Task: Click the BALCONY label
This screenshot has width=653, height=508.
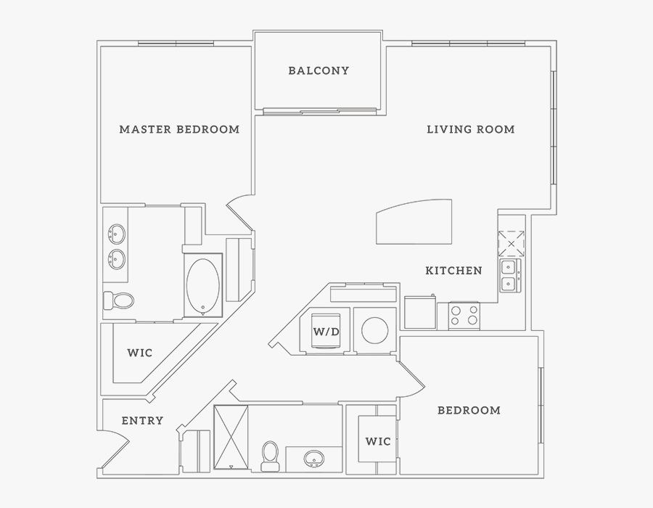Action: pyautogui.click(x=319, y=70)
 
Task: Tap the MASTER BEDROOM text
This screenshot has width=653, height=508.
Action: pyautogui.click(x=179, y=129)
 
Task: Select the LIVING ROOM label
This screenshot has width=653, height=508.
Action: pyautogui.click(x=470, y=129)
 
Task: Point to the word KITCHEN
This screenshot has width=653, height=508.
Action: pyautogui.click(x=453, y=271)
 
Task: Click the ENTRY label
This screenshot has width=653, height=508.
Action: pyautogui.click(x=142, y=420)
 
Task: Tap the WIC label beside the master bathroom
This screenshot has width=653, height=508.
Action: pyautogui.click(x=140, y=353)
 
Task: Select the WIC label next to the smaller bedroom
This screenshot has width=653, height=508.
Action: pyautogui.click(x=378, y=441)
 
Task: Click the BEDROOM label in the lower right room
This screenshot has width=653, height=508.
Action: pyautogui.click(x=469, y=410)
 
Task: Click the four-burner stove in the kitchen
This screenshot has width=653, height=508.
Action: pyautogui.click(x=465, y=315)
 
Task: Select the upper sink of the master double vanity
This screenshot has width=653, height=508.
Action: pyautogui.click(x=115, y=234)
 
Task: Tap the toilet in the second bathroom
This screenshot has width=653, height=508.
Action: pyautogui.click(x=271, y=454)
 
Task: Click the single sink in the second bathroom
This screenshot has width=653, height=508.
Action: pyautogui.click(x=315, y=459)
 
